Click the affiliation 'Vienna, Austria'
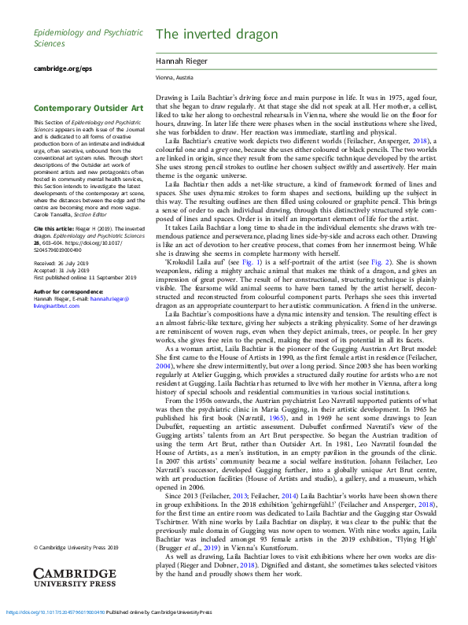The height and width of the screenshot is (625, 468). click(x=173, y=79)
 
